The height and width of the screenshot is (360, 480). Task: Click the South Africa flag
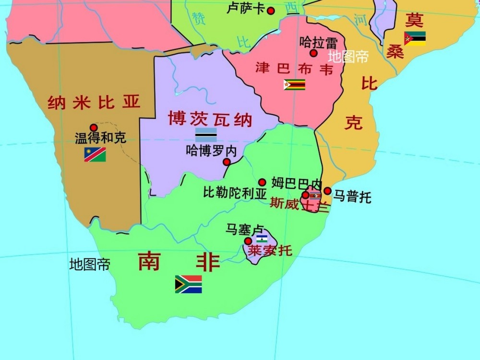188,284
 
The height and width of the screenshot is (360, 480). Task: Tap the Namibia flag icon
95,154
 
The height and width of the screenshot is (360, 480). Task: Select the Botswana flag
205,134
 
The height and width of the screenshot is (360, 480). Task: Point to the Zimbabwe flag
294,84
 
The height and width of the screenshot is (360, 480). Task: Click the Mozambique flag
415,38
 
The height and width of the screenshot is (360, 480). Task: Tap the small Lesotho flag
262,239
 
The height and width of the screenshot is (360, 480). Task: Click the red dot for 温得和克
94,128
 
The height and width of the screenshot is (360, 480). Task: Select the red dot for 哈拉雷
313,53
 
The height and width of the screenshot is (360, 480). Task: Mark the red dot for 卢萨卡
271,11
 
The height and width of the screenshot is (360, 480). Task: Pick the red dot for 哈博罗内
227,162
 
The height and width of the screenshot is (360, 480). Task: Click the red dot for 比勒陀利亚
262,182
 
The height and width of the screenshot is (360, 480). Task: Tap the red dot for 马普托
327,191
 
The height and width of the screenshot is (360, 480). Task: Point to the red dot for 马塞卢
248,241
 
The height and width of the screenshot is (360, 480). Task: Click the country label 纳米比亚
94,102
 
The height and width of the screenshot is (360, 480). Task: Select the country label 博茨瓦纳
210,118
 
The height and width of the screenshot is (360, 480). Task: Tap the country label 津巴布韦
294,68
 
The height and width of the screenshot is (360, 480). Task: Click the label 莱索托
269,251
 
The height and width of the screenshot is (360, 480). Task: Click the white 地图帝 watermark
348,57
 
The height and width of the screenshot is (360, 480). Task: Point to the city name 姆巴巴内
297,182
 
